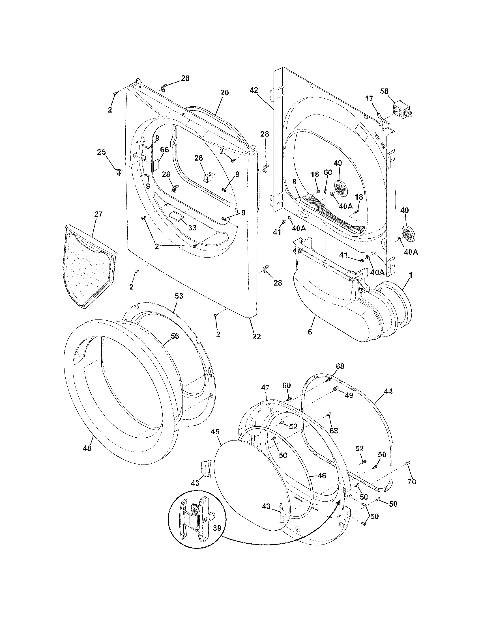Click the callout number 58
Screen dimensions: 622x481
click(384, 91)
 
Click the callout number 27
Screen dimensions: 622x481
click(98, 214)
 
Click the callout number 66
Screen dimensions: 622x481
click(164, 150)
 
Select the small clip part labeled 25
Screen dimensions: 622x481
click(118, 171)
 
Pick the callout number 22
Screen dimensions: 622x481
click(256, 337)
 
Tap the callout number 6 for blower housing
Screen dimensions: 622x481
click(310, 332)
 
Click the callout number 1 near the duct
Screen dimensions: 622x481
click(411, 275)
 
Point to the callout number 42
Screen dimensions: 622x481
click(254, 90)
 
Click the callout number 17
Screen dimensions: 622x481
click(369, 99)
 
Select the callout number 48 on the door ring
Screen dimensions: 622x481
click(87, 448)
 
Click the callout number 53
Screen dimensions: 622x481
click(179, 296)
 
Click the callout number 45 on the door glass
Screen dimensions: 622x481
click(215, 432)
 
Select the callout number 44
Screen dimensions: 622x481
click(388, 392)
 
